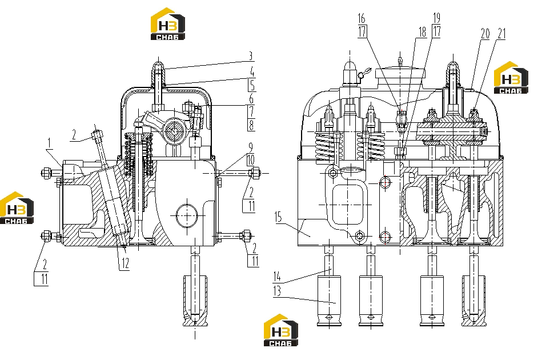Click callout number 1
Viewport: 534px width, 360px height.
click(x=49, y=143)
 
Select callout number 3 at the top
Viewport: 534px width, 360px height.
click(x=251, y=56)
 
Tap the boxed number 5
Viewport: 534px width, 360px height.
click(x=252, y=85)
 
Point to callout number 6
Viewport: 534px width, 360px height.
click(x=251, y=99)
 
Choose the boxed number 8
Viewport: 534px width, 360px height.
click(x=251, y=125)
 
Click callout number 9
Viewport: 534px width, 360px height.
click(x=251, y=147)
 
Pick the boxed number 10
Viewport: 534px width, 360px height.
click(x=251, y=160)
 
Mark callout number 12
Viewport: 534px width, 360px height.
click(x=125, y=263)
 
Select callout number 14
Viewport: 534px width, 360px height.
click(x=277, y=276)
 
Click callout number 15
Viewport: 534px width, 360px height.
click(x=278, y=217)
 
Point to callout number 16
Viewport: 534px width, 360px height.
click(x=362, y=18)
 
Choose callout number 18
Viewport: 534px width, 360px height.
click(x=422, y=32)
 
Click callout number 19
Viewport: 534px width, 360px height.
click(x=436, y=18)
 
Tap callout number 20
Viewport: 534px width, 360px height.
click(x=485, y=33)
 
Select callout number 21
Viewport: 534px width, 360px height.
click(x=501, y=33)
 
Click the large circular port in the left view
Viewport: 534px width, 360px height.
click(x=187, y=215)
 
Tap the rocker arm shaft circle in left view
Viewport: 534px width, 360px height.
click(x=175, y=130)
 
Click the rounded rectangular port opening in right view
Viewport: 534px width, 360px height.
click(x=347, y=205)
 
